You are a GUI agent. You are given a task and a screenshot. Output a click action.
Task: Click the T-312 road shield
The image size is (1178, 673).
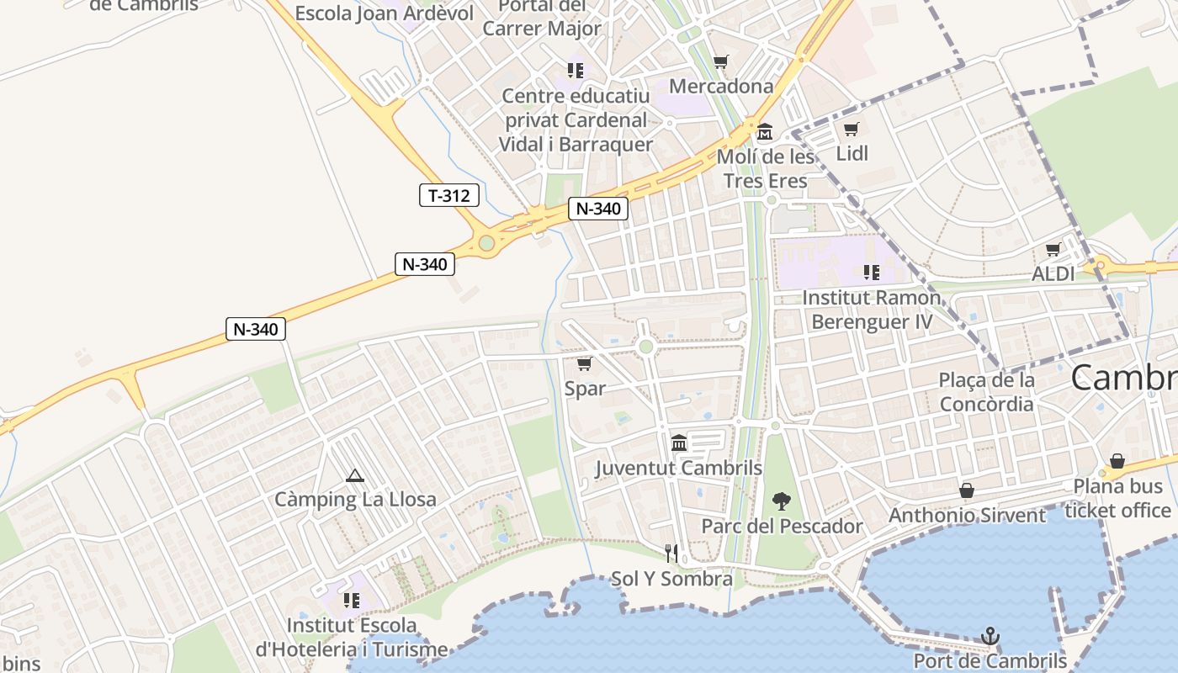tap(449, 196)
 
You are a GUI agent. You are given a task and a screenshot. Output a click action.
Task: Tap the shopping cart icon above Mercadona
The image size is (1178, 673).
tap(720, 62)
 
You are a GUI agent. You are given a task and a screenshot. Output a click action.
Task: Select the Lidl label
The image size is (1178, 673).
tap(852, 153)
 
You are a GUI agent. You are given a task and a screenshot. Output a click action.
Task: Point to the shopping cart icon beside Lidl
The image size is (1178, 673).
tap(851, 130)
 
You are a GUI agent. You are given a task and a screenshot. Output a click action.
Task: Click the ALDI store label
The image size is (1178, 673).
tap(1053, 274)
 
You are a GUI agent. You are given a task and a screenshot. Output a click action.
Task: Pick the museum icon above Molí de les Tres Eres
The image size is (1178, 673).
tap(765, 132)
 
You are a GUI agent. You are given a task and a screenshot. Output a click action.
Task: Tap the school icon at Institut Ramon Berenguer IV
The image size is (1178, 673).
tap(871, 273)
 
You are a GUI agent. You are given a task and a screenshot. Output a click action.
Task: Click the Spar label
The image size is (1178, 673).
tap(585, 389)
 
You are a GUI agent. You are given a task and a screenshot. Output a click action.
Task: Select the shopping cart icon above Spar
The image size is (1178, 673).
tap(584, 364)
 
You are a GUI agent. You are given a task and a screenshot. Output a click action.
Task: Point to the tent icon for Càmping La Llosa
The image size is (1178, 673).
tap(355, 476)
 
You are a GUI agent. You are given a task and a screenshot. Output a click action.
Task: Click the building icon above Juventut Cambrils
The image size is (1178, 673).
tap(679, 443)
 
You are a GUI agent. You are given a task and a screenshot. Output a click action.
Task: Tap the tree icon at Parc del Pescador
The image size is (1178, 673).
tap(782, 502)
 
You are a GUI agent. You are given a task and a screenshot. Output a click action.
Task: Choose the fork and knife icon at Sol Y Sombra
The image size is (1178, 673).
tap(671, 554)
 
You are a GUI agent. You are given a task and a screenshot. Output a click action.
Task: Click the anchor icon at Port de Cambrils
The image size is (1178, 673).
tap(990, 637)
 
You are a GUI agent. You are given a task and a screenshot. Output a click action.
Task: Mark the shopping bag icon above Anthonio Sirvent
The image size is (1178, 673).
tap(967, 490)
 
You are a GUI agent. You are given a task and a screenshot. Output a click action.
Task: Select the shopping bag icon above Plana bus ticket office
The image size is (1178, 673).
tap(1117, 461)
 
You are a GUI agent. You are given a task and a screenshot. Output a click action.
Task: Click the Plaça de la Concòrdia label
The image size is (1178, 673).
tap(986, 392)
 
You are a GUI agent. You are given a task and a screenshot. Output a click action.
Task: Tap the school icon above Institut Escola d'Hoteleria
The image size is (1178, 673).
tap(352, 601)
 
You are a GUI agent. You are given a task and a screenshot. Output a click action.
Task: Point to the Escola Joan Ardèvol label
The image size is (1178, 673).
tap(385, 13)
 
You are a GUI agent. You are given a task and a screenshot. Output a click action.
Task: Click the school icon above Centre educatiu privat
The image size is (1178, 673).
tap(576, 71)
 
